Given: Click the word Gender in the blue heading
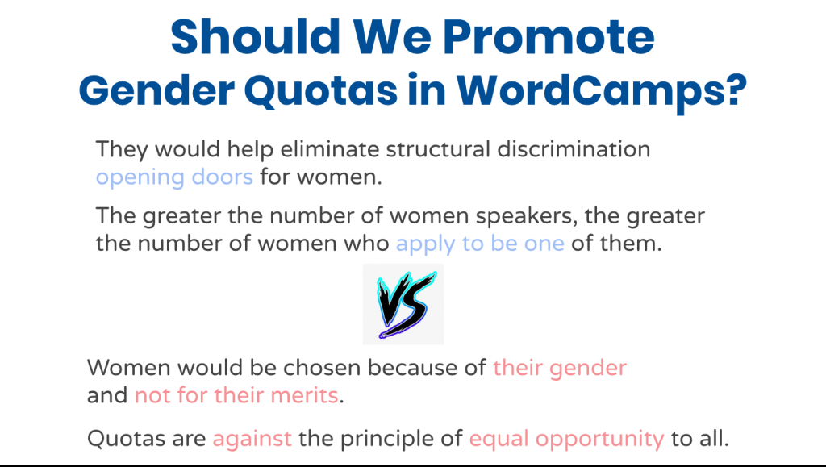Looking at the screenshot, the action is [156, 90].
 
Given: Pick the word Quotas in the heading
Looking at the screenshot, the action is [321, 90].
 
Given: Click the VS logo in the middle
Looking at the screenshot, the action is [403, 304].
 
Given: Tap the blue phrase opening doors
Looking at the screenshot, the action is [174, 177].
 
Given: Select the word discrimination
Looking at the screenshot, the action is [574, 149].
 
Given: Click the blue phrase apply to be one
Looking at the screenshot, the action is [481, 244].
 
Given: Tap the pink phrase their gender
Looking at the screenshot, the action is [560, 369].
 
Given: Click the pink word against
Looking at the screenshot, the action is [252, 439].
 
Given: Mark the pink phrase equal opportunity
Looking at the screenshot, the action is [567, 439].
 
